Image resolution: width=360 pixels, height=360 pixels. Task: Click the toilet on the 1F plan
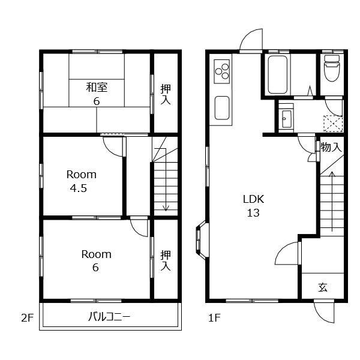(x=332, y=68)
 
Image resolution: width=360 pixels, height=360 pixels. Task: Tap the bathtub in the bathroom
(x=277, y=74)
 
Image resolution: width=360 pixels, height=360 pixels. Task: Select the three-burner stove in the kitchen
(x=222, y=71)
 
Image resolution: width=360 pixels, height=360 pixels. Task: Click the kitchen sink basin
(x=222, y=107)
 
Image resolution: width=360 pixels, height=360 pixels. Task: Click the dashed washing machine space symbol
(x=333, y=124)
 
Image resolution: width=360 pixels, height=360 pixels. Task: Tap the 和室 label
(x=97, y=87)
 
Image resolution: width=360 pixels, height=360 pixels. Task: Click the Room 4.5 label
(x=81, y=181)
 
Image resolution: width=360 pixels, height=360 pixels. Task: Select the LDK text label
(x=253, y=199)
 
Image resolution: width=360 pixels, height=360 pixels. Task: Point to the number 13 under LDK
(x=253, y=213)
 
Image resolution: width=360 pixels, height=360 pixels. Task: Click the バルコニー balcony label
(x=110, y=317)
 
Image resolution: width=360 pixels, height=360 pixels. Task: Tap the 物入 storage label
(x=331, y=147)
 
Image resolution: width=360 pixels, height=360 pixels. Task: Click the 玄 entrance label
(x=323, y=287)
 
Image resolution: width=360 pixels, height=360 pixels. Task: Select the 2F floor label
(x=28, y=318)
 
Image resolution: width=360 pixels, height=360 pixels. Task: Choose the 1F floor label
(x=214, y=318)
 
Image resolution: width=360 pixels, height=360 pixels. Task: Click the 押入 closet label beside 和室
(x=166, y=94)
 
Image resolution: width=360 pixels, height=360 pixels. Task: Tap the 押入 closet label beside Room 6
(x=166, y=260)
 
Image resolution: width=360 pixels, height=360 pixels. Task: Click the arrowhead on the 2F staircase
(x=166, y=208)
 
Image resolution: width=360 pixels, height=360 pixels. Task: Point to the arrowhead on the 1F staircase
(x=332, y=174)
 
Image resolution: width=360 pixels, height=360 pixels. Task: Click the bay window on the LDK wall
(x=202, y=241)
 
